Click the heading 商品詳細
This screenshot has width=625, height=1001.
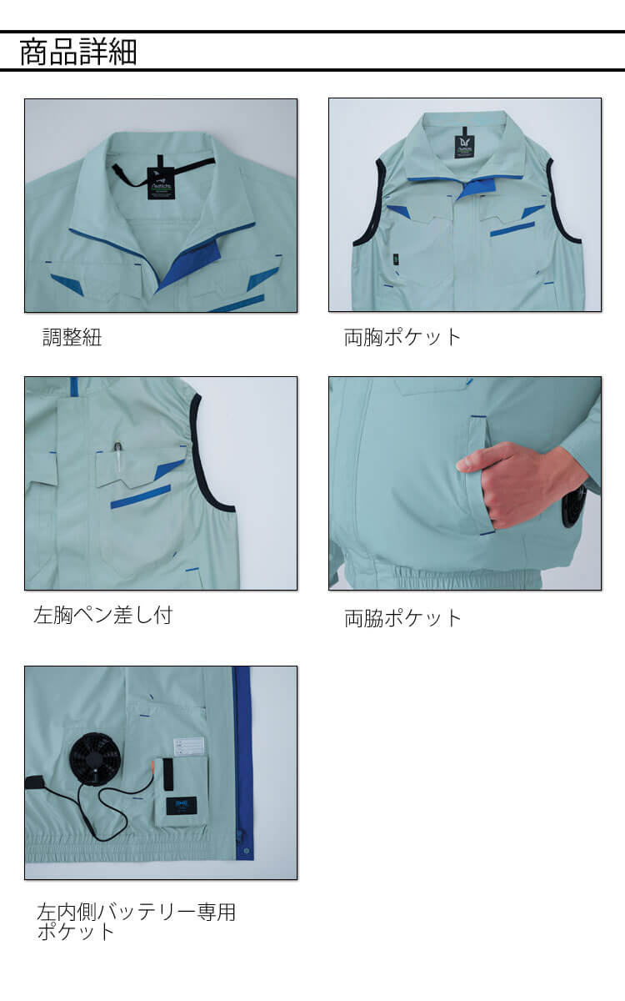pos(78,52)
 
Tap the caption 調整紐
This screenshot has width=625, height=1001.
pos(72,337)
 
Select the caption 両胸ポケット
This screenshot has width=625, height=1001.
pos(402,337)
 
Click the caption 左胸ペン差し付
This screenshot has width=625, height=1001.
pos(103,615)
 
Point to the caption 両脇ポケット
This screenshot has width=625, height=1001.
pos(402,618)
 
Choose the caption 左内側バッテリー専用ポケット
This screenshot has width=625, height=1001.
pos(136,922)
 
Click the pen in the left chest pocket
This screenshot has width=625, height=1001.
pos(117,456)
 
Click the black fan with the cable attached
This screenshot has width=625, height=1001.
pos(95,759)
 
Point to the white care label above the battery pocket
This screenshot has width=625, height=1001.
pos(188,746)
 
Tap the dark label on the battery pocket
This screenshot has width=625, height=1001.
pos(182,803)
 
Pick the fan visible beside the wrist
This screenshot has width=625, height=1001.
pos(574,506)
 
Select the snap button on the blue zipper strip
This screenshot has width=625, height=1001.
pos(245,849)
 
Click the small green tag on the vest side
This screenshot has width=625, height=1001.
pos(396,259)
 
